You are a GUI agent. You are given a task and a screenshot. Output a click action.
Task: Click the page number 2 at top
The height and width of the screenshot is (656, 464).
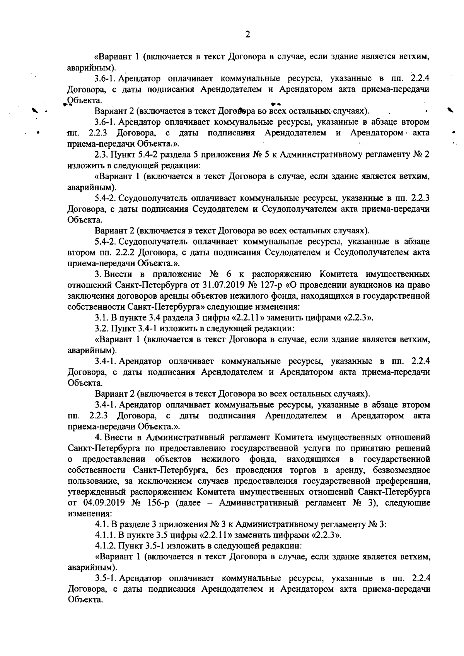[x=247, y=34]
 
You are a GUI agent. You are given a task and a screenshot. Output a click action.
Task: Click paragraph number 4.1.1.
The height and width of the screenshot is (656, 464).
[x=105, y=536]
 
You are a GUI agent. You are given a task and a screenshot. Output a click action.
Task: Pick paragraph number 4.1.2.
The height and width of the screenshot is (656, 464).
[x=105, y=546]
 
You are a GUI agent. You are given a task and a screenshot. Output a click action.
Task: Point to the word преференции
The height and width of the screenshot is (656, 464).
[x=404, y=481]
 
